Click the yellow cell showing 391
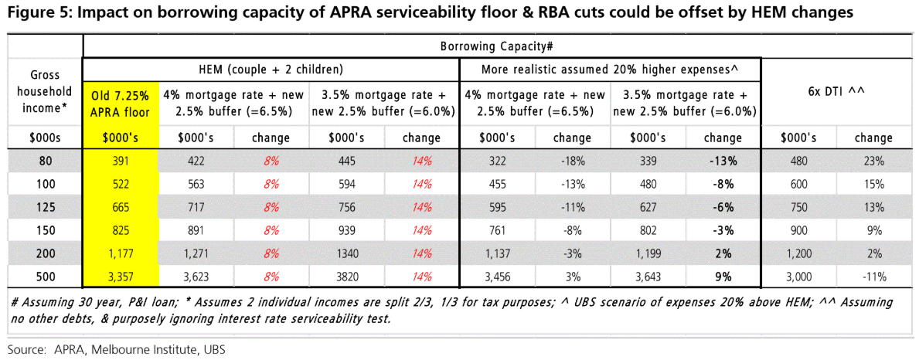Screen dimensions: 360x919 click(120, 162)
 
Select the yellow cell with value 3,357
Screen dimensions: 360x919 click(120, 276)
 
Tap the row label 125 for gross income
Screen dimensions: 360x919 click(45, 207)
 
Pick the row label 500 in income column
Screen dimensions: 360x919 click(45, 276)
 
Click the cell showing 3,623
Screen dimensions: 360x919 click(196, 276)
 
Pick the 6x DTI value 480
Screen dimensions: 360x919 click(799, 162)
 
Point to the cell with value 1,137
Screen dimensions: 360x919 click(497, 253)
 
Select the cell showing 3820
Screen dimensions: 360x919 click(346, 276)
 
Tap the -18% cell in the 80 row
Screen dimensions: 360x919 click(572, 162)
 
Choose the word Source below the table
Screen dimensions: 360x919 click(27, 349)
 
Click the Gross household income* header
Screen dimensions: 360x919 click(45, 91)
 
